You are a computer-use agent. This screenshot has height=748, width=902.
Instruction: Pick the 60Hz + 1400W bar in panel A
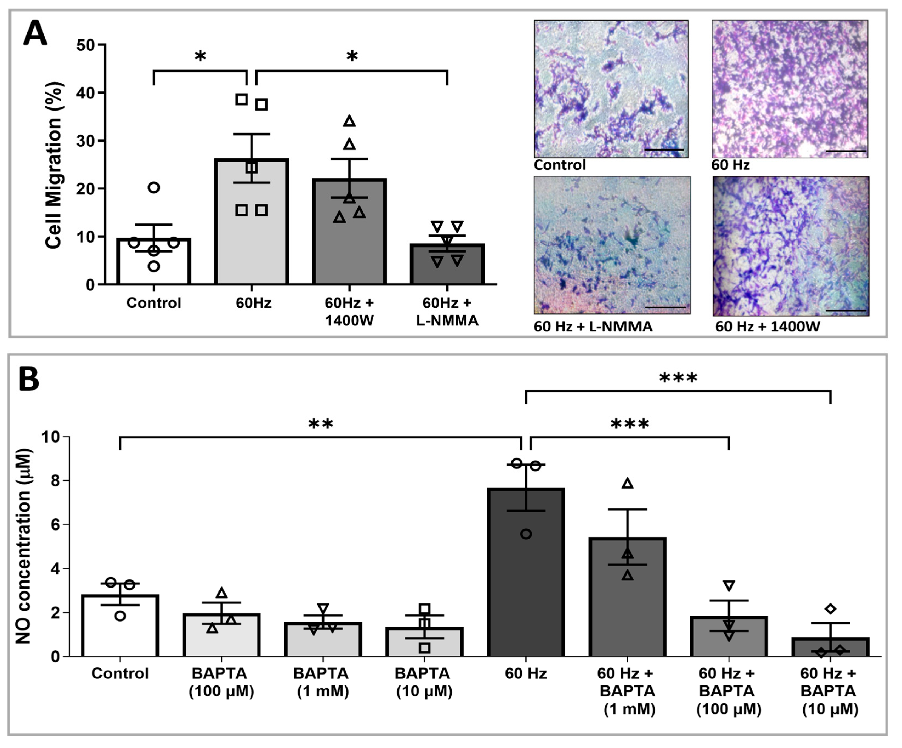[x=349, y=232]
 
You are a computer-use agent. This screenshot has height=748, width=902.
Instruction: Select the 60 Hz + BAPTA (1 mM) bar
[x=627, y=597]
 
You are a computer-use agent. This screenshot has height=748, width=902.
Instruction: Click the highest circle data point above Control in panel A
[x=154, y=187]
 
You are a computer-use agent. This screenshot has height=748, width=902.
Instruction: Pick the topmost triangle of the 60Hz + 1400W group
[x=350, y=121]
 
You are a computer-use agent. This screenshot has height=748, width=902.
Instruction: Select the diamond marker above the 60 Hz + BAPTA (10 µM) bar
[x=830, y=609]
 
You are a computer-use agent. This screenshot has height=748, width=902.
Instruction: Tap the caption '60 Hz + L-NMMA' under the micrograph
[x=593, y=327]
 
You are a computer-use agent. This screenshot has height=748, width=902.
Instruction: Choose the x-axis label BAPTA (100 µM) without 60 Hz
[x=221, y=682]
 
